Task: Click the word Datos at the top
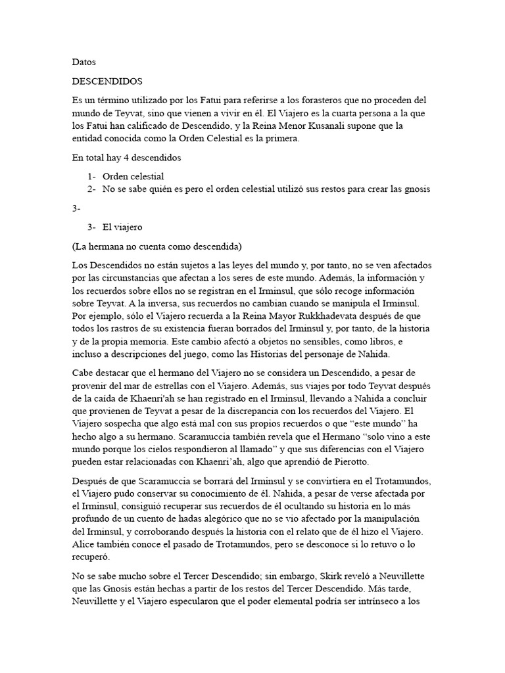coord(84,62)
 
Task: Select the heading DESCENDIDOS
coord(107,81)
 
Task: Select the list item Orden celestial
coord(133,176)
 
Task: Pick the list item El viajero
coord(122,227)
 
